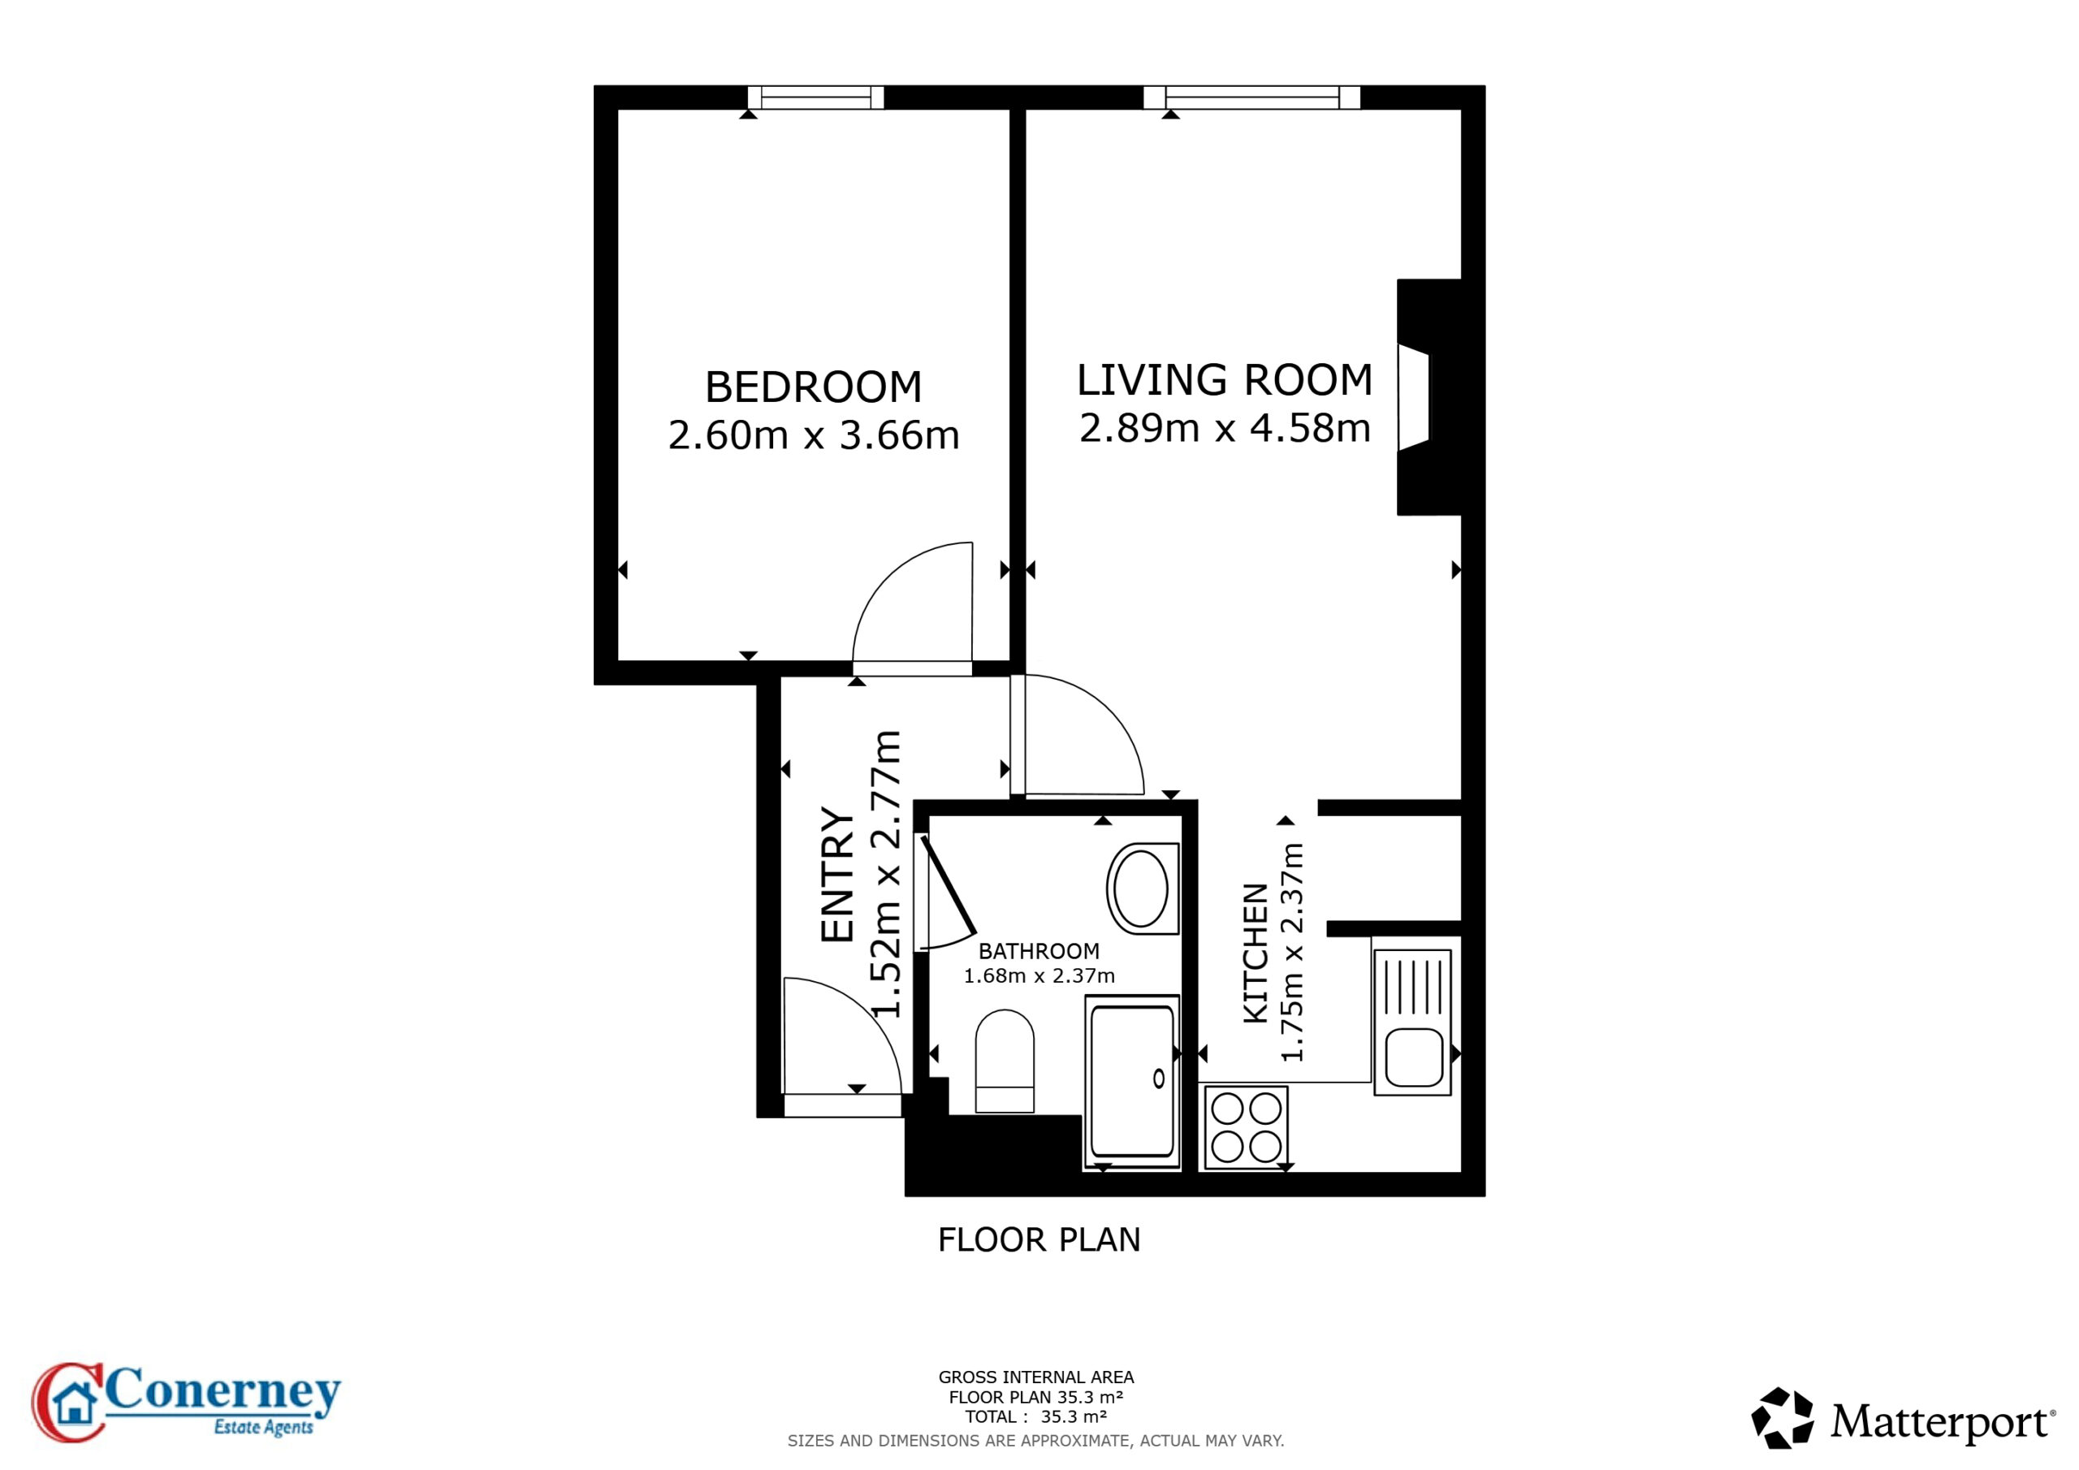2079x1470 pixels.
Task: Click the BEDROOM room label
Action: coord(813,387)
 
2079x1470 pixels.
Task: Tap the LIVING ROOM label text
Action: coord(1224,380)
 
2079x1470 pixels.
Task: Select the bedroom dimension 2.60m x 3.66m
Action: coord(813,435)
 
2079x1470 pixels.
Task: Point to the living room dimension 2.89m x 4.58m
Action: coord(1224,428)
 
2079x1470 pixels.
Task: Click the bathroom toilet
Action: coord(1005,1061)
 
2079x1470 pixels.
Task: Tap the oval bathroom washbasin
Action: coord(1142,888)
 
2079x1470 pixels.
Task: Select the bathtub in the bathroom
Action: coord(1132,1083)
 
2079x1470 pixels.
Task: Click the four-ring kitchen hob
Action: coord(1245,1127)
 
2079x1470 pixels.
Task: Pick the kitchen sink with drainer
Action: coord(1412,1023)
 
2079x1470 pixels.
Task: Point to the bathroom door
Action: coord(947,885)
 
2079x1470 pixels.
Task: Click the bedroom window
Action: coord(816,97)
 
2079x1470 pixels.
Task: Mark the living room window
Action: coord(1251,97)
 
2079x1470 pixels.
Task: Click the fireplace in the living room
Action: coord(1429,396)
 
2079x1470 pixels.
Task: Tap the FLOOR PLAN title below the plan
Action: coord(1039,1240)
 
